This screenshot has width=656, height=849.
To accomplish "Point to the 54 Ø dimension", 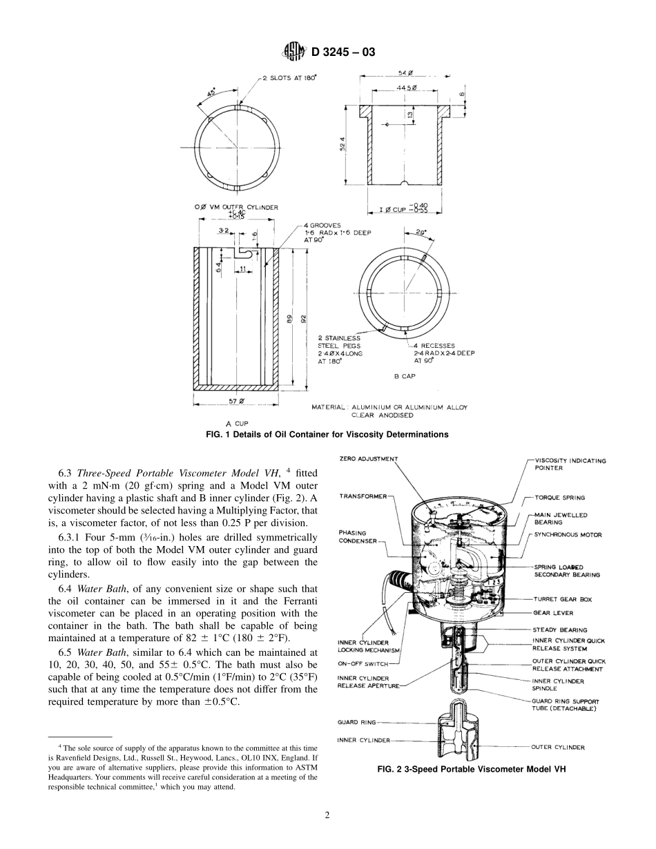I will pyautogui.click(x=405, y=73).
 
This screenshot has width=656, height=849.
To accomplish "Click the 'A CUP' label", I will pyautogui.click(x=236, y=423).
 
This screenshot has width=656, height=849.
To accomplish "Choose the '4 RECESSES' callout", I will pyautogui.click(x=434, y=345).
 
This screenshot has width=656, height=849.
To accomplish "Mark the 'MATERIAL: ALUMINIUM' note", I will pyautogui.click(x=389, y=407).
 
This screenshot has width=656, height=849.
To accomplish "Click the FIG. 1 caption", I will pyautogui.click(x=327, y=434).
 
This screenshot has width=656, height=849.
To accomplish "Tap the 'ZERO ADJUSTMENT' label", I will pyautogui.click(x=368, y=458).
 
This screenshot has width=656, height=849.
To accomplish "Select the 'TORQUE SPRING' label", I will pyautogui.click(x=559, y=497).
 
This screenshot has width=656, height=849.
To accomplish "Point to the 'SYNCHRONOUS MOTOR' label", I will pyautogui.click(x=567, y=535).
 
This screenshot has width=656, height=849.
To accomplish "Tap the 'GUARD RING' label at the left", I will pyautogui.click(x=356, y=722).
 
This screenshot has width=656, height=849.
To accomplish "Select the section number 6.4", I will pyautogui.click(x=66, y=589).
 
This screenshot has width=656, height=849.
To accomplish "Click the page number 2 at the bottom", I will pyautogui.click(x=327, y=814).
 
